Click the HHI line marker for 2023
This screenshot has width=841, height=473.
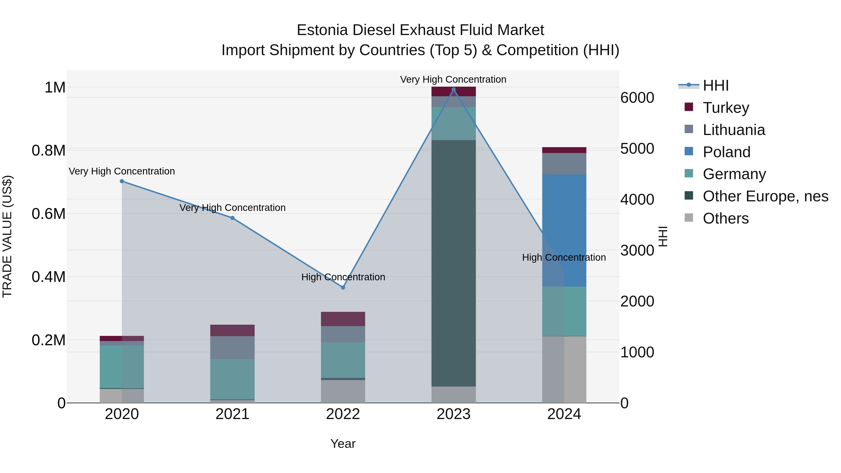pos(453,89)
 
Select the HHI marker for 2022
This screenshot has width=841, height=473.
pos(343,288)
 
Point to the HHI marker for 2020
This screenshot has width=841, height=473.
pos(122,181)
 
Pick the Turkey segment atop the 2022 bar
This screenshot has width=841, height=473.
pos(343,319)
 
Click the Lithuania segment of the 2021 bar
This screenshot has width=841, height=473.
pos(232,347)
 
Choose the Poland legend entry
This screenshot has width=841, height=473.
pos(726,152)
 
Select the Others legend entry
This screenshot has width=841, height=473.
pos(725,218)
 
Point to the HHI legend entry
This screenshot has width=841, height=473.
pos(715,85)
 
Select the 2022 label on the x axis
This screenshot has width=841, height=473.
pos(343,414)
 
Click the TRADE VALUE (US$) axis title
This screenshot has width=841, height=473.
pos(7,236)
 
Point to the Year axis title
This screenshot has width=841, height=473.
pos(343,444)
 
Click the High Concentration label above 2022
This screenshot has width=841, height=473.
pos(343,277)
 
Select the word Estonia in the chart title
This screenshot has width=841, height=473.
pos(322,30)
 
